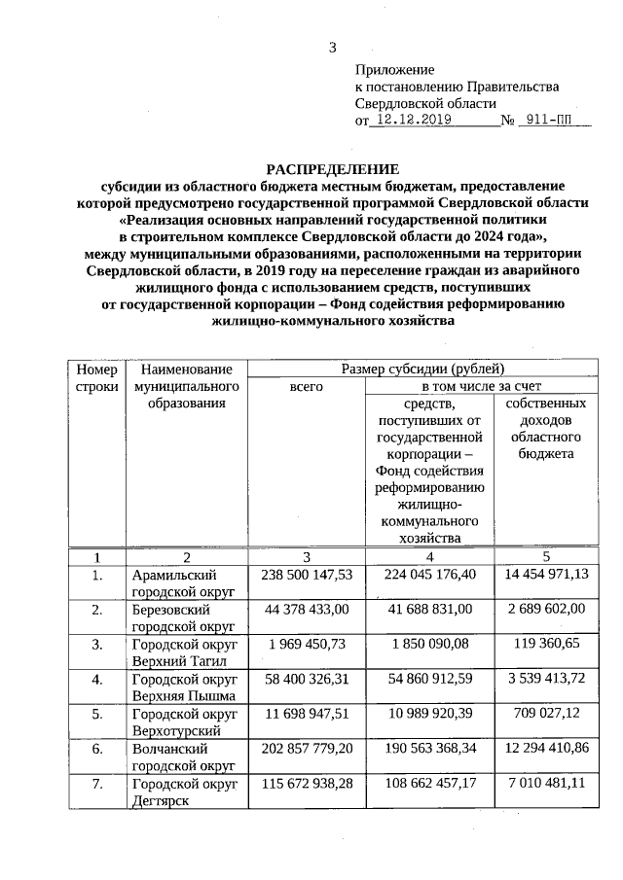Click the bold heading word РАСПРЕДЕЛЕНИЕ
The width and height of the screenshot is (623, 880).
316,168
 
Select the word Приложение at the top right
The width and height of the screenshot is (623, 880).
394,70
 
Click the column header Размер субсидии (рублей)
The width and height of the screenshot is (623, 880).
422,369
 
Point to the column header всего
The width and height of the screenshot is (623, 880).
307,386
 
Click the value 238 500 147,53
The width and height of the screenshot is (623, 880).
307,576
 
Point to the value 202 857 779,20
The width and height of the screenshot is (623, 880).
307,750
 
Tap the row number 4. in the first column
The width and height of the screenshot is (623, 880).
96,679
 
